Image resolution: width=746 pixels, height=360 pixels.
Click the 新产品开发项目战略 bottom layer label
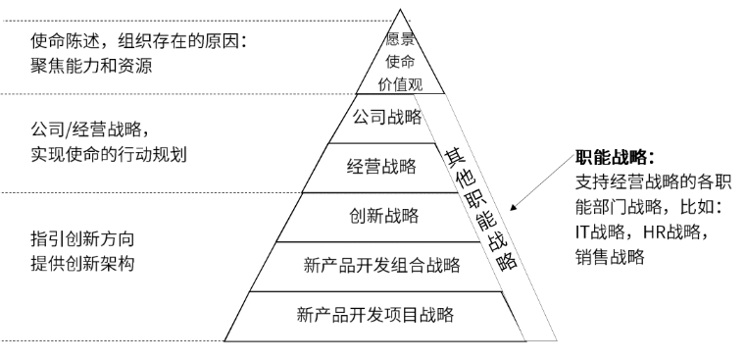(377, 315)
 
